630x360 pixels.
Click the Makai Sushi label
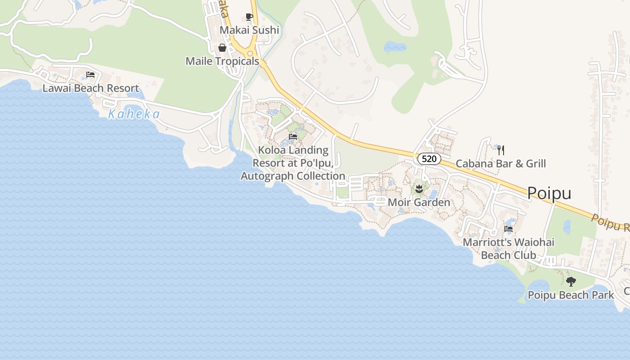tap(249, 30)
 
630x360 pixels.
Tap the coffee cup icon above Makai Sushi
tap(249, 17)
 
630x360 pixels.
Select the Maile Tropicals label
tap(222, 61)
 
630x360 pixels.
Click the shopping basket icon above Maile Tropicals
tap(222, 48)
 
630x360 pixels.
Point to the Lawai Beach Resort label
tap(90, 88)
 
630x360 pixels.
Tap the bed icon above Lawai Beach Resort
tap(90, 75)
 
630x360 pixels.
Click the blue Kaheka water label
tap(134, 114)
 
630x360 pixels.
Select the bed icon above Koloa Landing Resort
tap(293, 137)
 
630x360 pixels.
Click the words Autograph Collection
tap(293, 176)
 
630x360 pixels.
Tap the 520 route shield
tap(429, 159)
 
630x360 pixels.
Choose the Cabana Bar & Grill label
tap(500, 163)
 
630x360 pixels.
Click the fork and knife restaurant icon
tap(500, 150)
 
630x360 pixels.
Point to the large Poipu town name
tap(549, 193)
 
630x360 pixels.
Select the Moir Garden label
tap(418, 202)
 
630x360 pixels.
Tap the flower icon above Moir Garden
tap(418, 189)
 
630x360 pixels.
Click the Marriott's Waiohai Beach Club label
tap(508, 248)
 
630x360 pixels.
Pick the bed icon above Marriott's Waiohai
tap(508, 229)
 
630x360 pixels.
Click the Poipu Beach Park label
tap(571, 295)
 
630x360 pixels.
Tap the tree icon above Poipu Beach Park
tap(571, 282)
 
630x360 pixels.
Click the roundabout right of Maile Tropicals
tap(250, 54)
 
